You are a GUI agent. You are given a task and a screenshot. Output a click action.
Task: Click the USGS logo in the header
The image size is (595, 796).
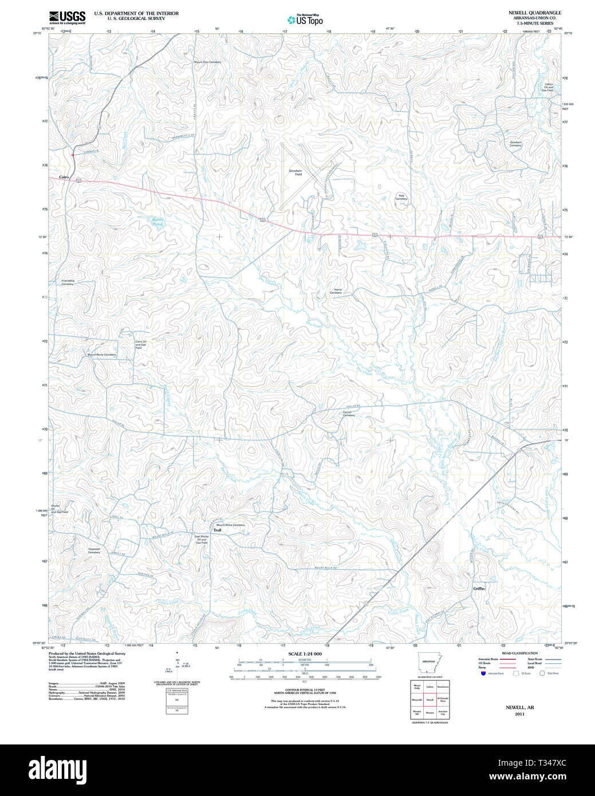tap(67, 17)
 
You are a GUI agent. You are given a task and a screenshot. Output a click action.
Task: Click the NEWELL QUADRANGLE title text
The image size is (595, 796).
tap(534, 13)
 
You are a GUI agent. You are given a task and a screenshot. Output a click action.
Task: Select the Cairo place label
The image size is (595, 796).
tap(64, 177)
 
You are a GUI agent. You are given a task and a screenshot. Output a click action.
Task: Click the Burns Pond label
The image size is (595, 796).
tap(157, 222)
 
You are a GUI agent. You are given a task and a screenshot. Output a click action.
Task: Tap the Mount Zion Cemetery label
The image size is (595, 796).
tap(207, 62)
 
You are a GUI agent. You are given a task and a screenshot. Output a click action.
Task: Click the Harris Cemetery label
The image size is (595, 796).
tap(336, 291)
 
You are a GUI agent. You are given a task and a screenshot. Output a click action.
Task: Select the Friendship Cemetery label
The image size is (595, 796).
tap(68, 282)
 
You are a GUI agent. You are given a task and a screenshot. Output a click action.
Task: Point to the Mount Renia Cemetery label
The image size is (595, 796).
tap(101, 354)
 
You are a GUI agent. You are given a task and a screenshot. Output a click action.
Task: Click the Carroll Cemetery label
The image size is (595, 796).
tap(349, 413)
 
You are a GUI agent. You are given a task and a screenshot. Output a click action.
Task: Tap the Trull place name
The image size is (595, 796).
tap(217, 530)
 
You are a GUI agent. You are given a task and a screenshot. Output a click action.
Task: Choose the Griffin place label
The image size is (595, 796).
tap(479, 588)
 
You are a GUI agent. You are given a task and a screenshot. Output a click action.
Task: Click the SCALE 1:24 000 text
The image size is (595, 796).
tap(305, 653)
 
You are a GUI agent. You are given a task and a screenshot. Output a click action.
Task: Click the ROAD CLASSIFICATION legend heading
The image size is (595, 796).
tap(519, 653)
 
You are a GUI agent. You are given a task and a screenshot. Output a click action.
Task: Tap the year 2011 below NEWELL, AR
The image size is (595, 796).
tap(519, 714)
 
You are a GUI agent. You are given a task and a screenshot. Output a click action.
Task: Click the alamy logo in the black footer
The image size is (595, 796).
tap(57, 769)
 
